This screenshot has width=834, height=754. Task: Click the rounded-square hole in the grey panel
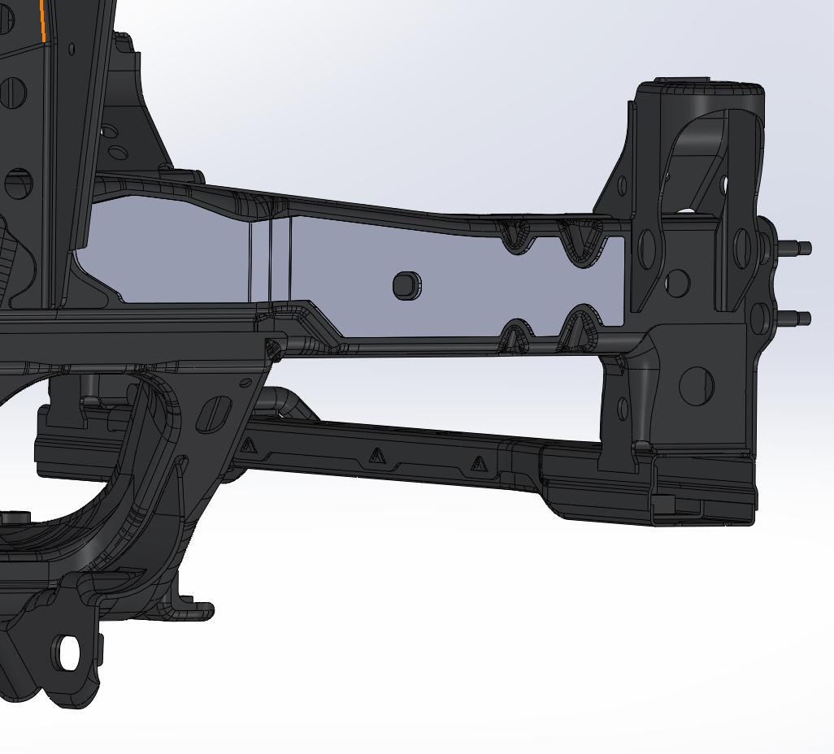pos(405,284)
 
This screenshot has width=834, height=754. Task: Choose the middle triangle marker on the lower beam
pos(376,456)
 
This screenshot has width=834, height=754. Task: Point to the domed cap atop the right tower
pos(707,89)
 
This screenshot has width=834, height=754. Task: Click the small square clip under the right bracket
pos(662,504)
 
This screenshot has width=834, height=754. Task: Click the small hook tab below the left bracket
pos(199,609)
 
